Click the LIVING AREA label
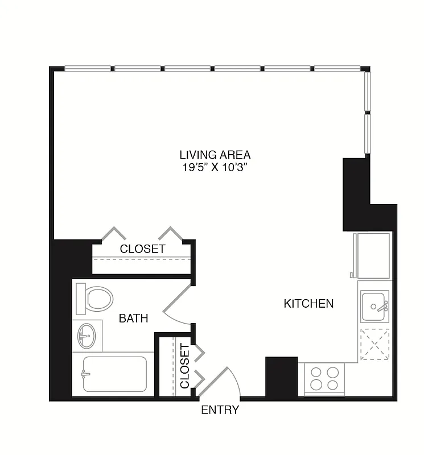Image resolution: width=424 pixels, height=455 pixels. (215, 154)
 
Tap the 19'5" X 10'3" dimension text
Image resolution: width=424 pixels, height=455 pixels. (215, 167)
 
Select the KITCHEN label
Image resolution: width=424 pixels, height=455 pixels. (308, 304)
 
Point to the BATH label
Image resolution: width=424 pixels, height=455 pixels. (133, 318)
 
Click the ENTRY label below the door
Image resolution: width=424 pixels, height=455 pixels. (220, 410)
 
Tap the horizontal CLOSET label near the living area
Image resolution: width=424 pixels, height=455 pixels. (142, 249)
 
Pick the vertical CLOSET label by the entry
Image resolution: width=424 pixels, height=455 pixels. (184, 366)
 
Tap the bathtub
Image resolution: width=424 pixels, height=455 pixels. (114, 374)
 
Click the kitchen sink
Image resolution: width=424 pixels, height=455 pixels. (374, 307)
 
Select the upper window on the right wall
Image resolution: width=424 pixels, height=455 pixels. (367, 92)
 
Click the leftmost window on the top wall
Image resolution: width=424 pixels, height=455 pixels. (88, 69)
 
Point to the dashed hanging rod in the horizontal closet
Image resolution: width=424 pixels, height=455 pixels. (142, 259)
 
